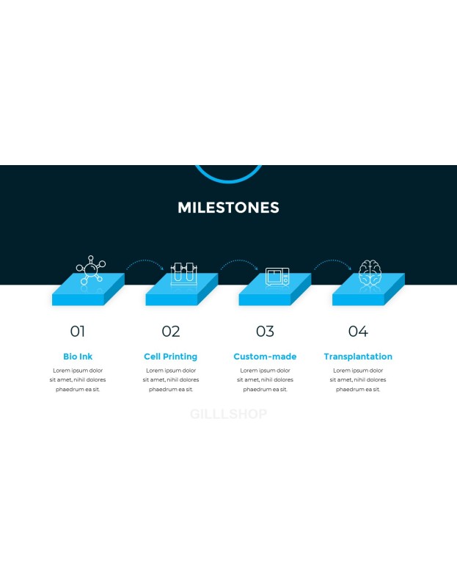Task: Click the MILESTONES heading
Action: [x=228, y=208]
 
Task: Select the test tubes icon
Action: [x=184, y=274]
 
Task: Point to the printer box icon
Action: [x=277, y=277]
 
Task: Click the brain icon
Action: [x=370, y=272]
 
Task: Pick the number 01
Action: [x=78, y=332]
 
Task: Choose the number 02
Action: [x=171, y=332]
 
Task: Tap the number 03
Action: [x=265, y=332]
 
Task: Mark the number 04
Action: [x=358, y=332]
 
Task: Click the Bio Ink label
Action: [x=78, y=357]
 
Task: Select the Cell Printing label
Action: [x=171, y=357]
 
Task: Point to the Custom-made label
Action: [x=265, y=357]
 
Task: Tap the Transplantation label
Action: [x=358, y=357]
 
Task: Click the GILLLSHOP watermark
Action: [x=228, y=414]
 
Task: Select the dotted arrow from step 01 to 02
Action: [x=145, y=260]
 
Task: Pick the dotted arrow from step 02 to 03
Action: [x=240, y=260]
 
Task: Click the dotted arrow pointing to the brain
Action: [x=333, y=260]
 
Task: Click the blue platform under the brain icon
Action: [x=368, y=290]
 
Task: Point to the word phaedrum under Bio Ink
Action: [x=68, y=390]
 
